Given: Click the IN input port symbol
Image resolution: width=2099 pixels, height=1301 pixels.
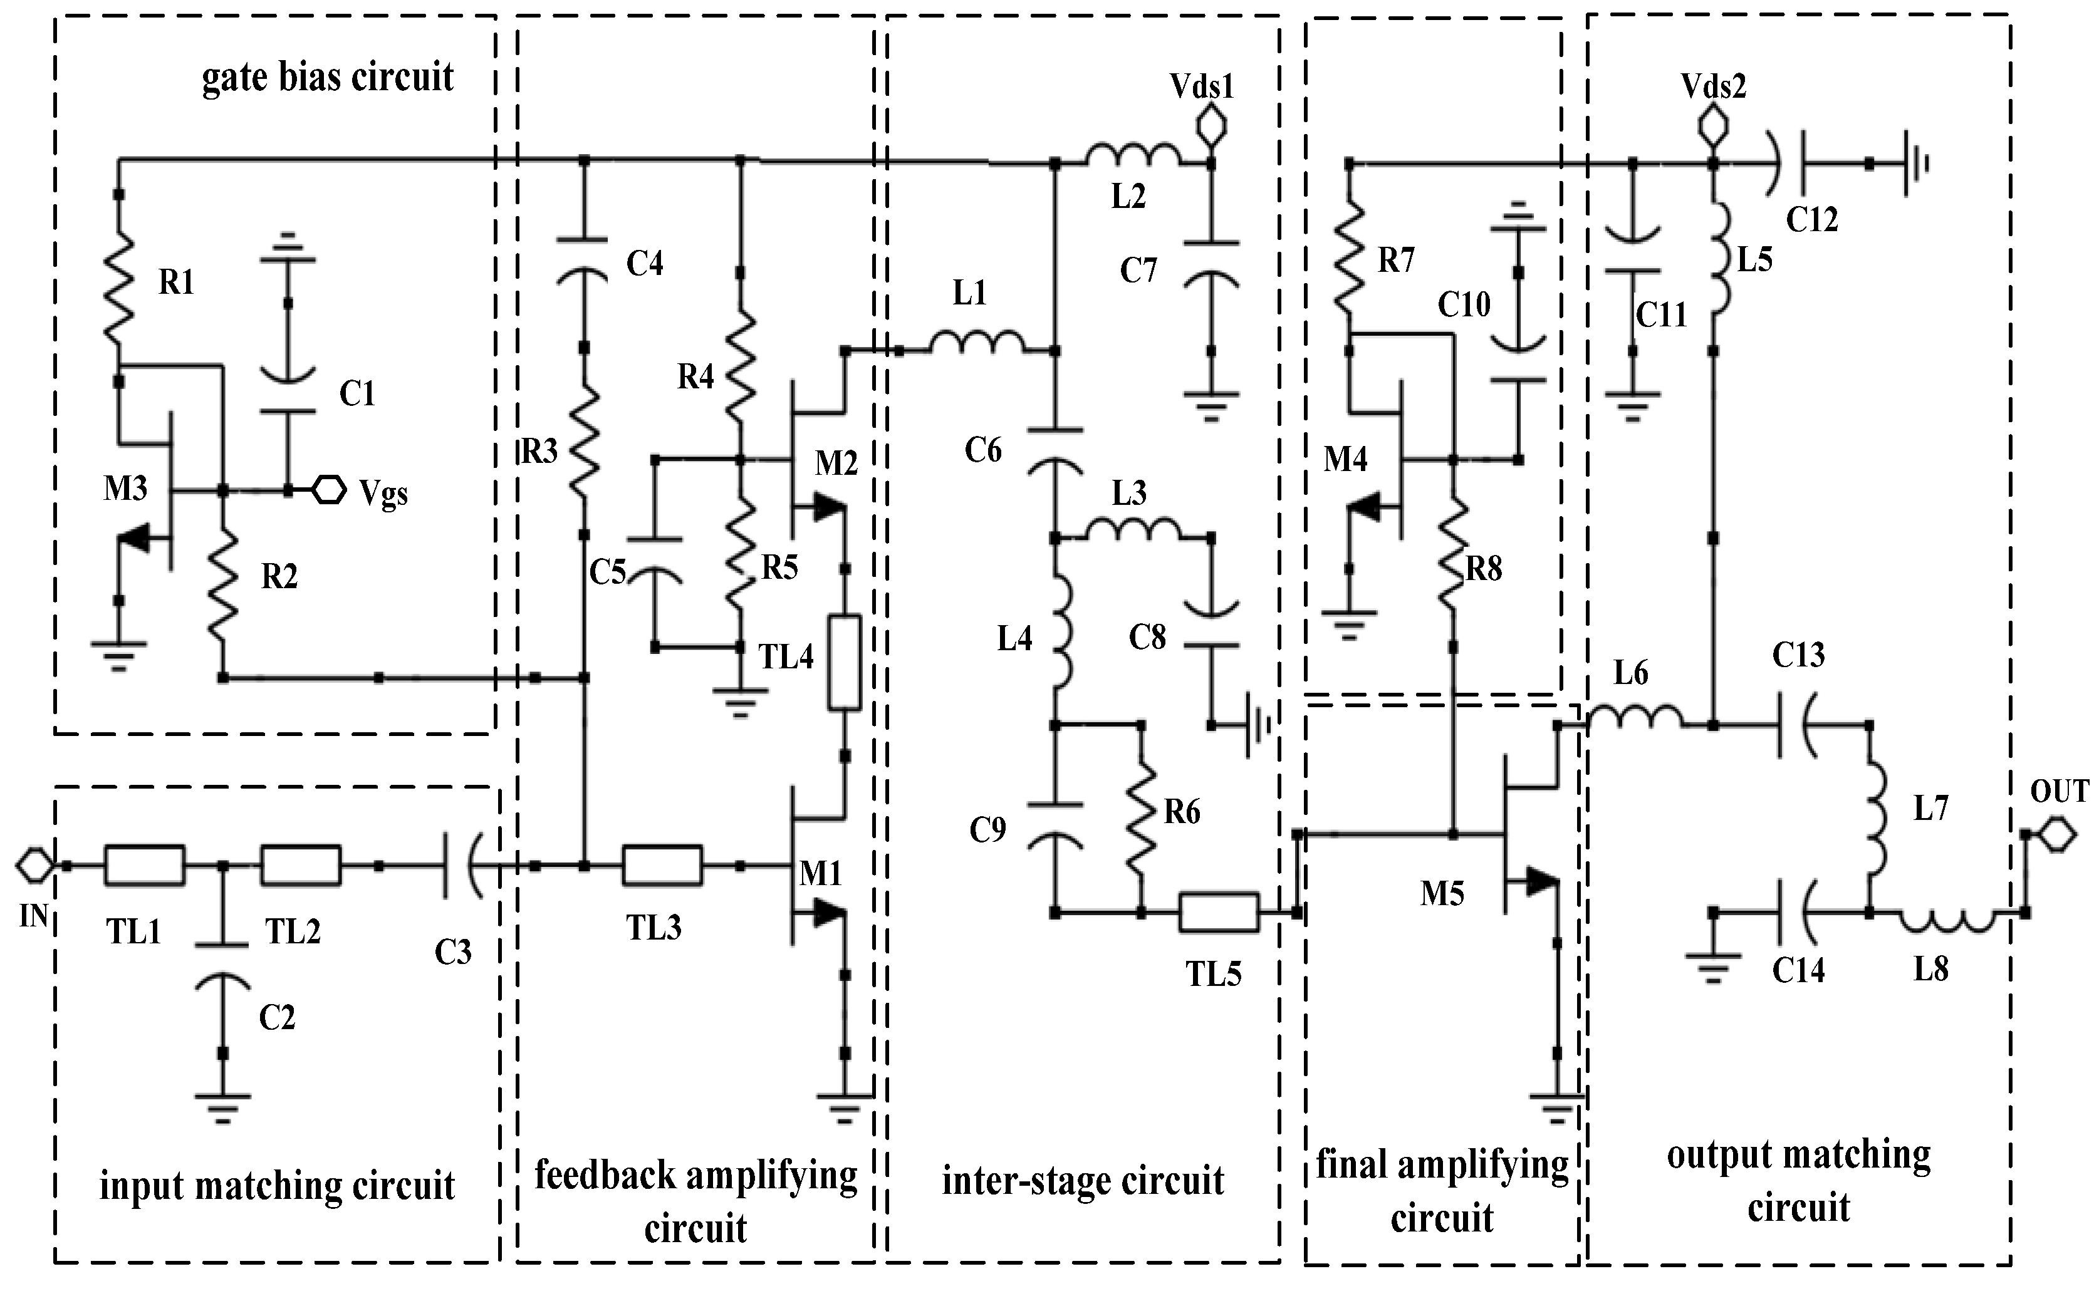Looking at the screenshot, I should (x=34, y=865).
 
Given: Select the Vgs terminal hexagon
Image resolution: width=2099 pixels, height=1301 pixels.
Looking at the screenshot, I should (x=328, y=490).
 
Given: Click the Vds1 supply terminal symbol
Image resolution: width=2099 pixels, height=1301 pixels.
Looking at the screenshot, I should (x=1212, y=126).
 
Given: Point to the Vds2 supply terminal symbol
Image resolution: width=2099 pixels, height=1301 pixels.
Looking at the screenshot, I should (x=1712, y=127).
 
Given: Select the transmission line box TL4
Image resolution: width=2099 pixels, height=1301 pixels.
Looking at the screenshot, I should (x=844, y=663).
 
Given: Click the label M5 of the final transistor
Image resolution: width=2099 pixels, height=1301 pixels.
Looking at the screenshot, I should (x=1442, y=894).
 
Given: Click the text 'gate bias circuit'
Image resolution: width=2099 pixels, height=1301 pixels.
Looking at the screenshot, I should (x=327, y=78).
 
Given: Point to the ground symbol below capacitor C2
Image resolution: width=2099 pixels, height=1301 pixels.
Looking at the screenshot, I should (x=222, y=1105).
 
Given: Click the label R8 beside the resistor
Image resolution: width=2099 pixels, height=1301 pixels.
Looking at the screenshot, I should (x=1483, y=569).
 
